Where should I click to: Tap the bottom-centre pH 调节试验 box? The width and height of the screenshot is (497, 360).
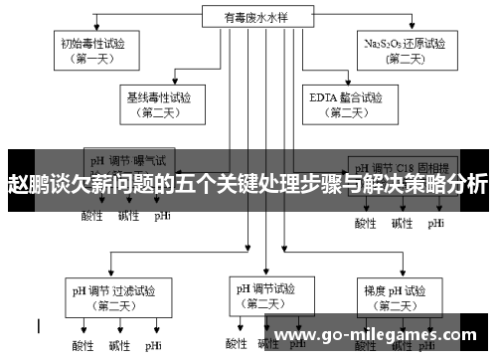[264, 296]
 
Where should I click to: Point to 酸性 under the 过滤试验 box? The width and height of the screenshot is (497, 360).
[83, 345]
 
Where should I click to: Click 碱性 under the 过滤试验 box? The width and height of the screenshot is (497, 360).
[118, 345]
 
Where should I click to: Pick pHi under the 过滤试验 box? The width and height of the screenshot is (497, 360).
[153, 345]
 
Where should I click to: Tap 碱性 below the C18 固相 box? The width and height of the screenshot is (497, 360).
[402, 223]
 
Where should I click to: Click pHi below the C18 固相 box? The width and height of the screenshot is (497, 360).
[436, 223]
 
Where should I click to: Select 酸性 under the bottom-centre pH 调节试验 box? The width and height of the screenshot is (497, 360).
[236, 344]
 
